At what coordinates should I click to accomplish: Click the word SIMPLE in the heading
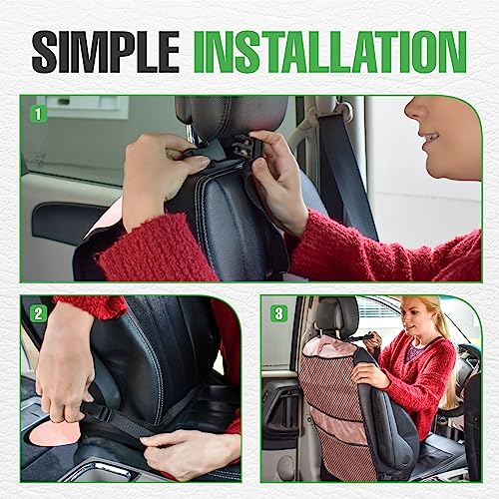(x=105, y=51)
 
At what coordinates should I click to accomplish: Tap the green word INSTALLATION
(x=329, y=51)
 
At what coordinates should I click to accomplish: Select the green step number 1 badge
(x=38, y=114)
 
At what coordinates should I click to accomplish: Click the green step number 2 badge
(x=38, y=313)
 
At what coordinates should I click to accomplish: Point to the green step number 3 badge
(x=279, y=313)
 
